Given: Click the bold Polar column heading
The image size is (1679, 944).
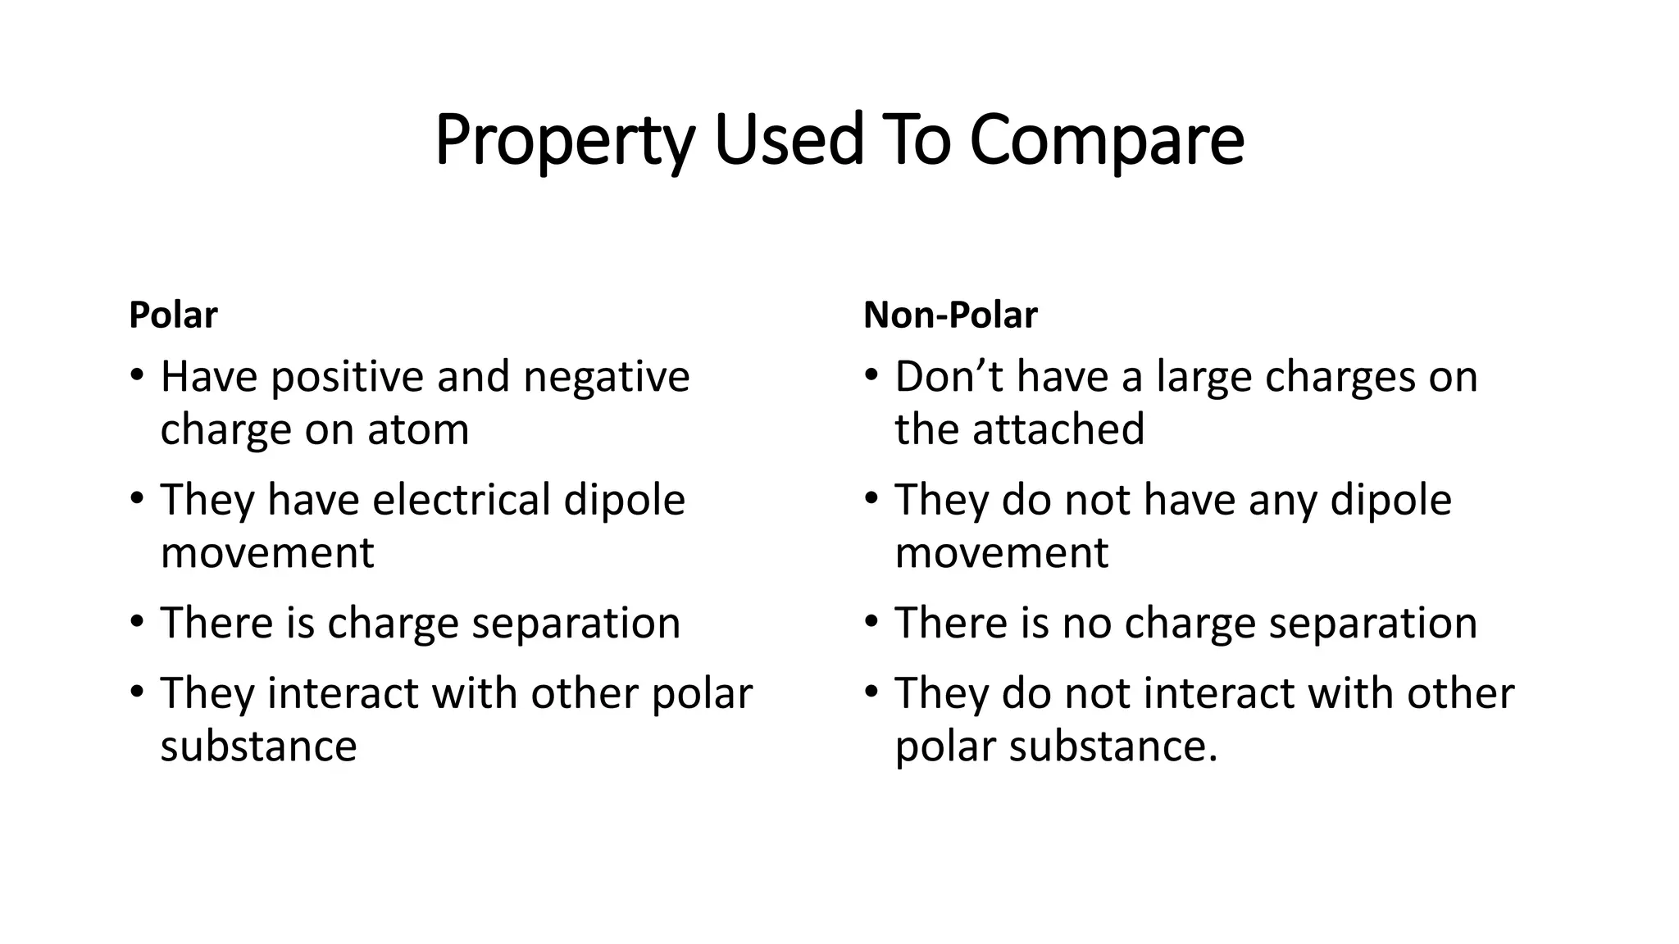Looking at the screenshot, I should click(173, 315).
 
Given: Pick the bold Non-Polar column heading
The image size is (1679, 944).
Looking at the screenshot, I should click(950, 315).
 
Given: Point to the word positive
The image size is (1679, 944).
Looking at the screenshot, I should click(348, 378).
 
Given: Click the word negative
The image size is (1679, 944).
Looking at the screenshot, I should click(606, 378).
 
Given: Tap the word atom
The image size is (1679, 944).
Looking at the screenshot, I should click(418, 429).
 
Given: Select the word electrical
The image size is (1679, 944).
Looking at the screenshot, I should click(461, 500).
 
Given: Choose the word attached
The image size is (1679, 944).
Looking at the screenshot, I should click(1058, 429).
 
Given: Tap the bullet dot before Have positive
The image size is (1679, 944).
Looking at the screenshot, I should click(136, 377).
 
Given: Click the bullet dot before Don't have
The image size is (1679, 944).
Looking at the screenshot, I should click(871, 377).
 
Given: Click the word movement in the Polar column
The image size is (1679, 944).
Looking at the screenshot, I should click(267, 552).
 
